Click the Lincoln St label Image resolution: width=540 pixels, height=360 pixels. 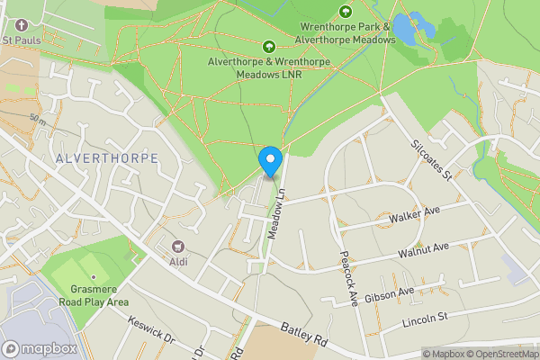[x=425, y=319]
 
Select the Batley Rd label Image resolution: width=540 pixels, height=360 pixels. [x=304, y=337]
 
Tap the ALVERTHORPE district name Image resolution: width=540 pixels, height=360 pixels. [x=107, y=157]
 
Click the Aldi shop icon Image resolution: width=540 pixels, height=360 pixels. [x=177, y=247]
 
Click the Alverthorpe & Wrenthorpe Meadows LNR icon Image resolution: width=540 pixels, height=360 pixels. [x=267, y=47]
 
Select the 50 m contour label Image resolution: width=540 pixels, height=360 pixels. [x=37, y=119]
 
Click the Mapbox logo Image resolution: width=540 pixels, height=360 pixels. [x=40, y=348]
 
